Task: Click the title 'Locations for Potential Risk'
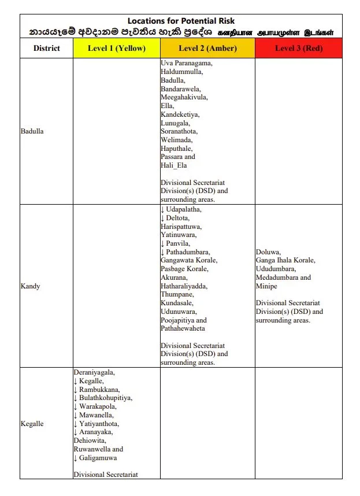point(181,21)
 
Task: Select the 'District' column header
point(46,49)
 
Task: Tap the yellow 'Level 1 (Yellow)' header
point(116,49)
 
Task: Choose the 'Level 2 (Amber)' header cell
point(207,49)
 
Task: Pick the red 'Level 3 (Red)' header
point(298,49)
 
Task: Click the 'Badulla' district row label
point(32,131)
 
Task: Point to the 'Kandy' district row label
point(30,286)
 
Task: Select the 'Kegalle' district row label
point(32,424)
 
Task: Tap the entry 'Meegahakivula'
point(184,97)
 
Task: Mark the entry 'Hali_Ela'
point(174,165)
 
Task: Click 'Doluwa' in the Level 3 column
point(268,252)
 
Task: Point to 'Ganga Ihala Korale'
point(285,261)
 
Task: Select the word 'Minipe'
point(266,286)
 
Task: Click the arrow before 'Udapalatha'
point(162,209)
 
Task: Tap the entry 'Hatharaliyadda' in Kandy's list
point(184,286)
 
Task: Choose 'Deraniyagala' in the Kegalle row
point(94,372)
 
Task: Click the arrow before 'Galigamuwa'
point(75,458)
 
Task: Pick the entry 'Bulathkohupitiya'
point(106,398)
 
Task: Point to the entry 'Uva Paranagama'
point(186,63)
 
